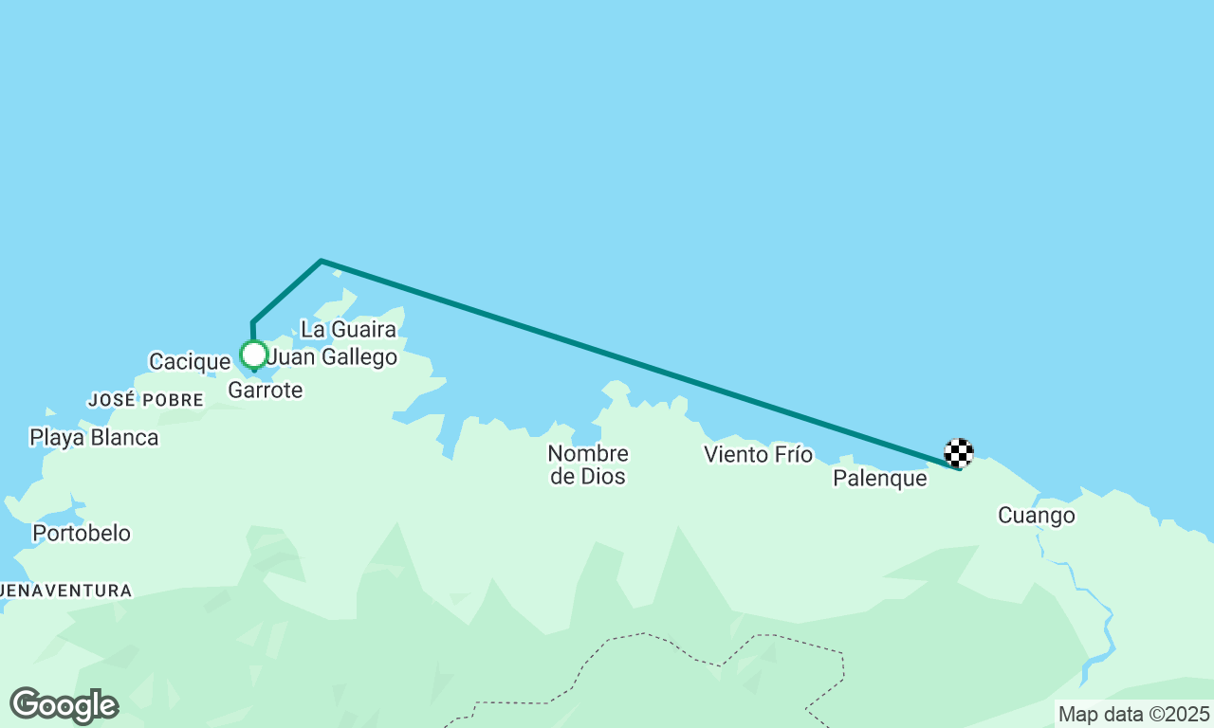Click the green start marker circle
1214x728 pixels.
point(253,355)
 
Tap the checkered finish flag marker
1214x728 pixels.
point(959,453)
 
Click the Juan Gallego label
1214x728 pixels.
point(332,357)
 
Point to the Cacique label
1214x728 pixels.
point(190,361)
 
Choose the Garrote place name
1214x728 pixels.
point(266,390)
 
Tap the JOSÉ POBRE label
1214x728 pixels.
point(146,400)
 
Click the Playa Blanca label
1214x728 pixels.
point(94,437)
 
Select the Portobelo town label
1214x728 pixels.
point(82,533)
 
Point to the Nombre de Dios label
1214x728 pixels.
point(588,464)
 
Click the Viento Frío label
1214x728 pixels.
point(758,455)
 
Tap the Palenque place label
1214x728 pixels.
point(879,479)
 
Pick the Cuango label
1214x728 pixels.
point(1037,516)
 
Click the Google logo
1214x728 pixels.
point(64,706)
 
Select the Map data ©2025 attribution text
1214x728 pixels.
point(1133,713)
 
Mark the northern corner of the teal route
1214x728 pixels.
point(322,261)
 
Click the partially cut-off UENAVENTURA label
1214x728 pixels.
point(65,591)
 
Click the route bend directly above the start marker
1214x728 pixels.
point(253,322)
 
